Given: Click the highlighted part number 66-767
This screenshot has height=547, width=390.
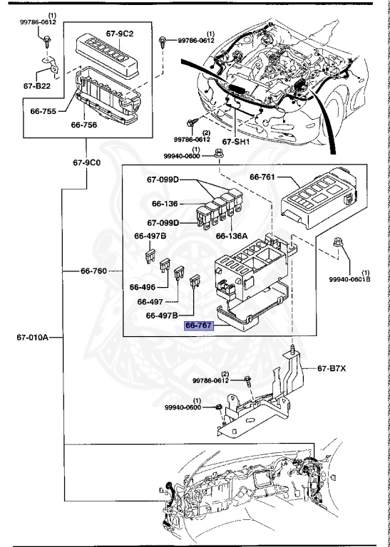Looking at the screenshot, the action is point(198,325).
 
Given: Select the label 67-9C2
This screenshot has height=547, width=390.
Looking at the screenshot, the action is point(120,33).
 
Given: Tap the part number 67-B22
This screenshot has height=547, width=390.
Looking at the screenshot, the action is point(37,85).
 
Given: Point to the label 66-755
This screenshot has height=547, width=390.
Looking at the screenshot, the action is point(43,111).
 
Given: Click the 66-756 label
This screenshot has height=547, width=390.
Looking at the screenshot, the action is point(84,125).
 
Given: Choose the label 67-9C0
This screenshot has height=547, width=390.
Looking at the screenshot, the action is point(86,162).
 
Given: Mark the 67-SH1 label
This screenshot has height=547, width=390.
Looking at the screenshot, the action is point(236,142).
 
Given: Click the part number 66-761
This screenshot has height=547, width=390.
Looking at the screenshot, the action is point(262,177).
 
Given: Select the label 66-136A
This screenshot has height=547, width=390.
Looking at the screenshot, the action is point(232,236).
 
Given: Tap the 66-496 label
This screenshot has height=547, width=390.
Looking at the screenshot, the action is point(143,287).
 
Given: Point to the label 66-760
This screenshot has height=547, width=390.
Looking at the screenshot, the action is point(93,271).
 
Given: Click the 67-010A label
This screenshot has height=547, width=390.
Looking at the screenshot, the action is point(33,338).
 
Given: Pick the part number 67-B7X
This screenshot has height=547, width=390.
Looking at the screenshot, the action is point(332,368).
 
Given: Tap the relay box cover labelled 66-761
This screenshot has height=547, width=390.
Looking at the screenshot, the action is point(319,198).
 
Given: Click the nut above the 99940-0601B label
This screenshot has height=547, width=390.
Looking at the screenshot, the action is point(338,241).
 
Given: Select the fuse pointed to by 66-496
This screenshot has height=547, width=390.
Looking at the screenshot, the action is point(165,265).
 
